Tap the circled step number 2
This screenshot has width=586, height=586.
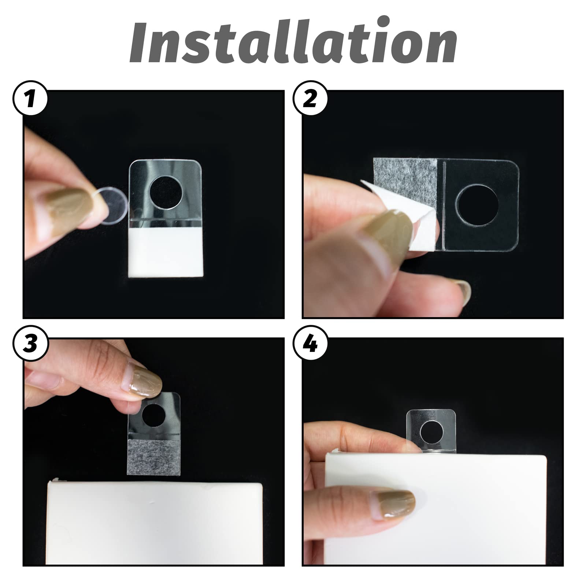click(311, 98)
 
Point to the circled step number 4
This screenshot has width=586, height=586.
click(311, 345)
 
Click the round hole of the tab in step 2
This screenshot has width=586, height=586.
click(479, 205)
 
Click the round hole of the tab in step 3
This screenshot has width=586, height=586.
click(154, 416)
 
